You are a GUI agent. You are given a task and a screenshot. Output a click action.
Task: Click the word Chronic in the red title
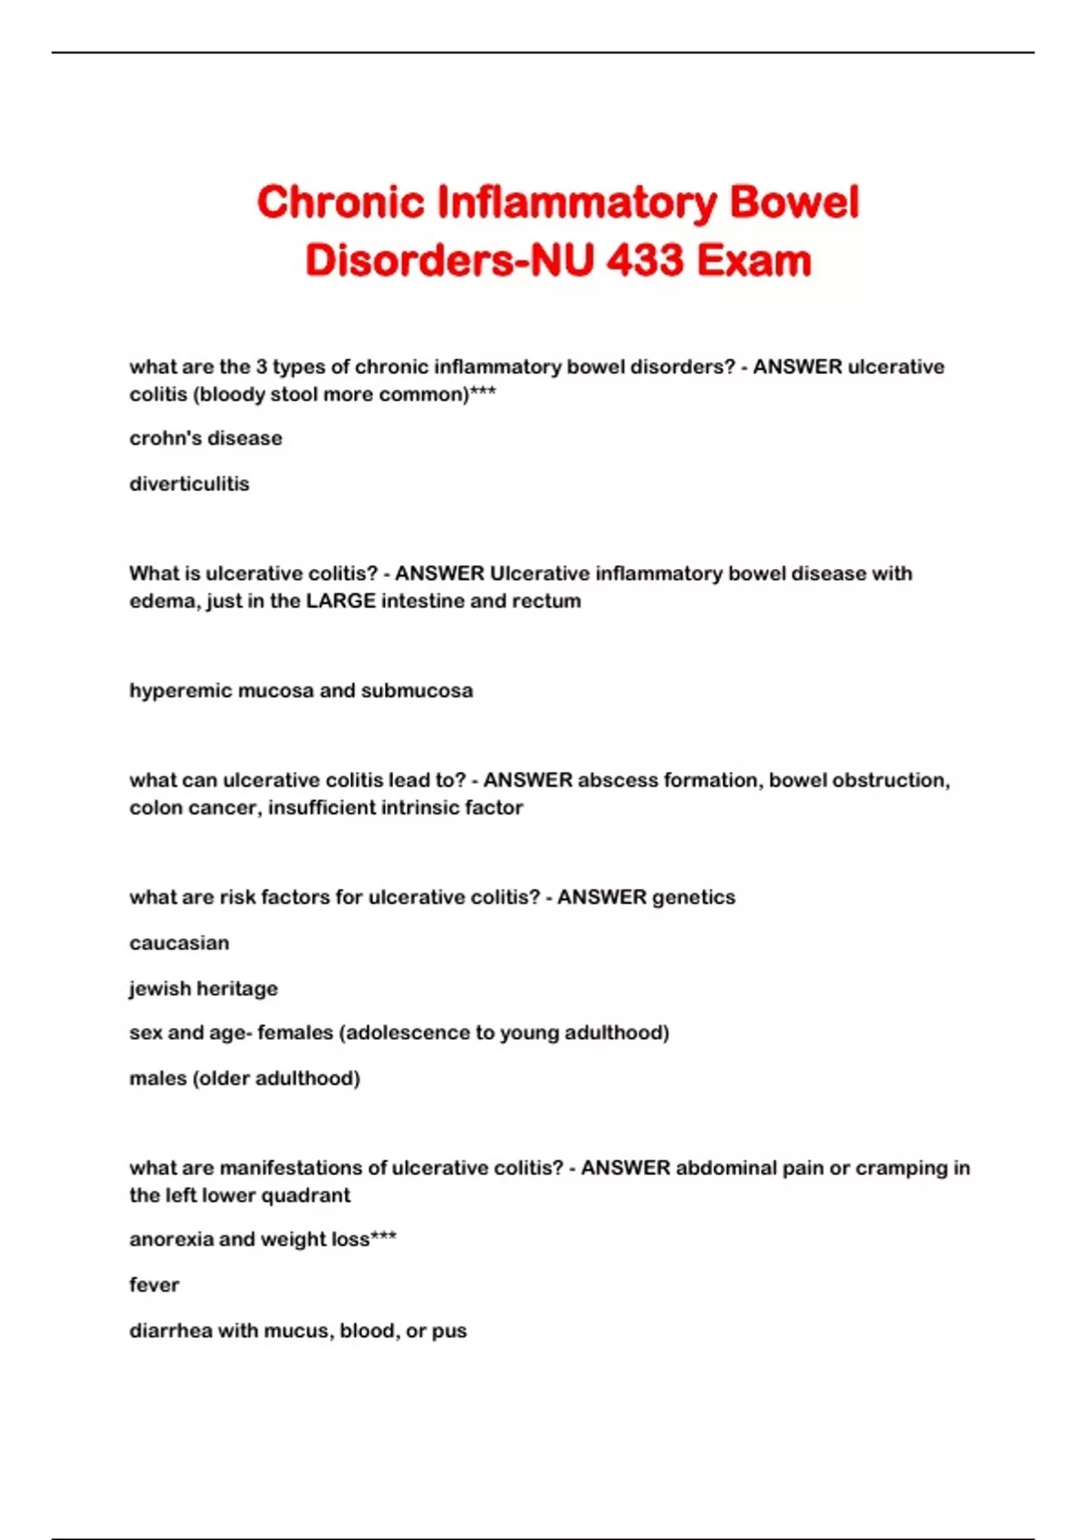click(341, 202)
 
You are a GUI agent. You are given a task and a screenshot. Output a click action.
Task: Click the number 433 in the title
click(645, 261)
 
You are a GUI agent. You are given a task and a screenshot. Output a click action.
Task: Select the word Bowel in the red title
click(794, 202)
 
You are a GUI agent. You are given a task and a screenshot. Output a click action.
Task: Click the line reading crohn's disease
click(206, 438)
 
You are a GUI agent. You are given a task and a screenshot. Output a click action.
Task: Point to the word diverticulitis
click(189, 484)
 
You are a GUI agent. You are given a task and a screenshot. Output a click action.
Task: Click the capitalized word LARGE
click(341, 601)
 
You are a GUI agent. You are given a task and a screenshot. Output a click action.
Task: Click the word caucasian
click(179, 943)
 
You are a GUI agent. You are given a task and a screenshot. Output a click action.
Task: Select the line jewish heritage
click(204, 988)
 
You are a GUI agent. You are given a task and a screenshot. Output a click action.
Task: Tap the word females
click(295, 1033)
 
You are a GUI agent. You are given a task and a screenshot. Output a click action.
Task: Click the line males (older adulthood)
click(245, 1078)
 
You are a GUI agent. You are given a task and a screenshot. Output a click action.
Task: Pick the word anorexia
click(169, 1239)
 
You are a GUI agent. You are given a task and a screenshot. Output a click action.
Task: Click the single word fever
click(154, 1285)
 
